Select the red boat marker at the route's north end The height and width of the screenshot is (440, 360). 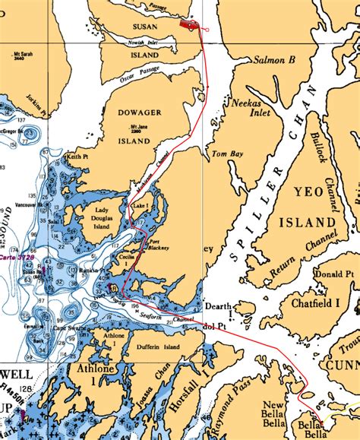click(x=187, y=24)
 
